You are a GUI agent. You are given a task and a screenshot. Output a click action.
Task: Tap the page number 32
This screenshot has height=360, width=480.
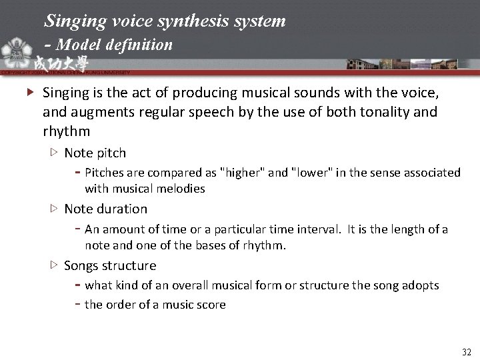coord(465,351)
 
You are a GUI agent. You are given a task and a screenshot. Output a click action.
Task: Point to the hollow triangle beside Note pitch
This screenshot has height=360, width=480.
coord(54,153)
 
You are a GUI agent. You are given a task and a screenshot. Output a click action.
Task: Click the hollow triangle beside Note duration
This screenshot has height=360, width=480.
coord(54,209)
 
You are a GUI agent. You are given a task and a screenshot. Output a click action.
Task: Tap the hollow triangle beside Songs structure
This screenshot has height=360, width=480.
coord(54,265)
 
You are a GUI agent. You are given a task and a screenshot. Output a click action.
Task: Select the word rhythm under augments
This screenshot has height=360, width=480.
coord(66,131)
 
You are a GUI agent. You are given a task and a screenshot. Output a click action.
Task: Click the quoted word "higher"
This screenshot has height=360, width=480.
coord(243,173)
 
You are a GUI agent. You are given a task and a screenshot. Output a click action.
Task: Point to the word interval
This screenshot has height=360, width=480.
coord(320,229)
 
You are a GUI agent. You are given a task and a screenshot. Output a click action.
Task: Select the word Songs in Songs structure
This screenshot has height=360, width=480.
coord(81,266)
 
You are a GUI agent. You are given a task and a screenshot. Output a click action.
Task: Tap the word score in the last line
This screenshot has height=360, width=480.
coord(211,305)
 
